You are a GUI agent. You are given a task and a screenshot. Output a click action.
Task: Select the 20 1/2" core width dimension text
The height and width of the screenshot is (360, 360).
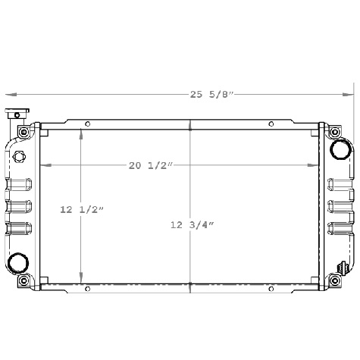[x=151, y=165]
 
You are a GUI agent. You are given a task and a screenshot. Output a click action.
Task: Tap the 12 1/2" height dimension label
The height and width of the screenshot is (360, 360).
[x=82, y=209]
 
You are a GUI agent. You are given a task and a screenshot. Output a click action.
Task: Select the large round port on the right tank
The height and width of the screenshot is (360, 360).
[x=340, y=149]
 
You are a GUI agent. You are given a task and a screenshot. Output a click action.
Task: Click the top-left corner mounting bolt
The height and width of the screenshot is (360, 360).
[x=25, y=133]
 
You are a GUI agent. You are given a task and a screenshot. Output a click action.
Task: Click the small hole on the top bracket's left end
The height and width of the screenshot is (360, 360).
[x=88, y=124]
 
